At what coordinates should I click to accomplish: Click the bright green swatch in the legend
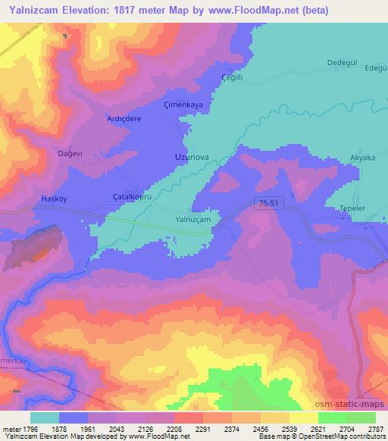[332, 418]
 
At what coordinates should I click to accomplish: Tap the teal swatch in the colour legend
[45, 418]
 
